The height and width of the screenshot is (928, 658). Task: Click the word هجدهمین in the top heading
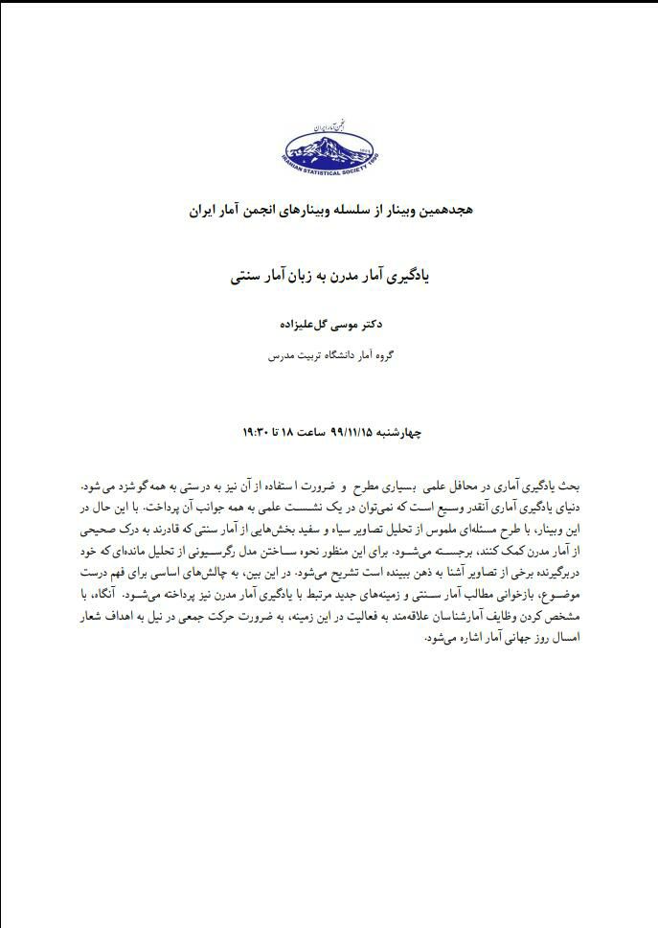pos(445,207)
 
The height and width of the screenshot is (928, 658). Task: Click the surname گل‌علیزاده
pos(306,325)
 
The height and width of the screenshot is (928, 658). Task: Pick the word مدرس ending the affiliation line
pos(280,355)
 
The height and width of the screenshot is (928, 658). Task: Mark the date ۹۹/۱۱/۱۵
pos(346,433)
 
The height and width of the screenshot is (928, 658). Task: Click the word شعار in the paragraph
pos(92,618)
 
